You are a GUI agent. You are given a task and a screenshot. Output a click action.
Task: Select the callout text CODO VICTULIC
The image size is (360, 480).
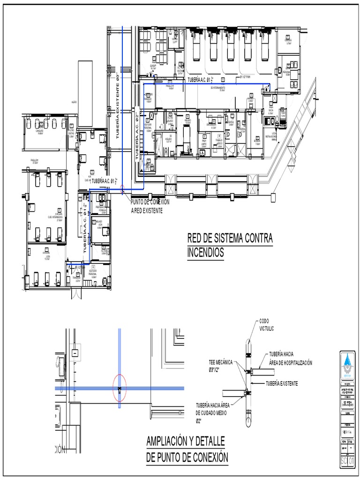266,325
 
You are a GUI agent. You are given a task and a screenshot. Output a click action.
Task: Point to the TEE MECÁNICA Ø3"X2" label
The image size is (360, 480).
220,366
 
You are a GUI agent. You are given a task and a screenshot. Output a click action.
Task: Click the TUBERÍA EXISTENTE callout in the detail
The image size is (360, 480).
282,383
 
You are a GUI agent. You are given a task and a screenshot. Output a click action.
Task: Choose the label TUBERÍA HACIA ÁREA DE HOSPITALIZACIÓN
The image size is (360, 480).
290,358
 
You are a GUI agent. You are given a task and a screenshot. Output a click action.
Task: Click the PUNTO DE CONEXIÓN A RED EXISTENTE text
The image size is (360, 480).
150,206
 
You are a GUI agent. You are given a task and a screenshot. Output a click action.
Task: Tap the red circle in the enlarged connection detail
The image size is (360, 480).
120,388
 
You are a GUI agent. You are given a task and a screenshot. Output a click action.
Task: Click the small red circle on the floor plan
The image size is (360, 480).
123,190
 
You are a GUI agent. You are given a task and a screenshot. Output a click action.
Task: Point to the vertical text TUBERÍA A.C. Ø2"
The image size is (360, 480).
137,136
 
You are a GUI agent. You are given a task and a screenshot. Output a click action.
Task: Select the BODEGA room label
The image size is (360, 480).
257,140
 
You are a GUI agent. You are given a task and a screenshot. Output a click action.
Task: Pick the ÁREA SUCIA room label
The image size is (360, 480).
270,111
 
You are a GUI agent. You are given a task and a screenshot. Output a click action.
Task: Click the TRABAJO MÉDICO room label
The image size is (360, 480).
219,141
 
